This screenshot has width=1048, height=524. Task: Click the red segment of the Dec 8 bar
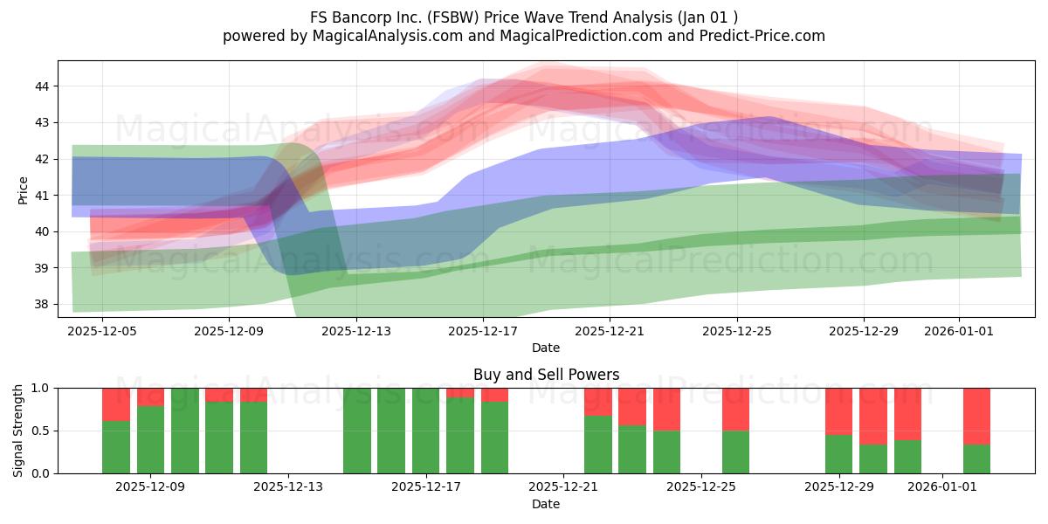click(x=116, y=404)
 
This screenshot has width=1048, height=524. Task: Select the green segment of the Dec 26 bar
click(x=736, y=452)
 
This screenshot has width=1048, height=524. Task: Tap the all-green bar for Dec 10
click(x=185, y=431)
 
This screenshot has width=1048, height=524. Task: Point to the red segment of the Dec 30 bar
click(x=873, y=417)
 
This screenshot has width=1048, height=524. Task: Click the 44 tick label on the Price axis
click(x=42, y=86)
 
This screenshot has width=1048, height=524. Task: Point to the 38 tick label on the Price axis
click(x=42, y=305)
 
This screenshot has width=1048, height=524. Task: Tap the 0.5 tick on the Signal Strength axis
click(x=40, y=431)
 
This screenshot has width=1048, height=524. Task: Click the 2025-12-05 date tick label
click(x=102, y=331)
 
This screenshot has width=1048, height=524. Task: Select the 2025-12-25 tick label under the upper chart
click(x=737, y=331)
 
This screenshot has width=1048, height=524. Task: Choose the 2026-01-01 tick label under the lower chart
click(x=942, y=487)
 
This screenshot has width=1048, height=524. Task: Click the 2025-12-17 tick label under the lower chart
click(x=426, y=487)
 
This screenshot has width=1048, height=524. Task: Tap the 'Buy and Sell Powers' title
click(x=547, y=375)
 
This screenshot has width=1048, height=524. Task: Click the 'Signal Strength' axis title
click(x=17, y=431)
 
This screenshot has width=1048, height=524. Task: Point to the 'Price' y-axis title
click(x=23, y=191)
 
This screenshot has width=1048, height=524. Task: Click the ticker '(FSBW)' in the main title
click(x=452, y=17)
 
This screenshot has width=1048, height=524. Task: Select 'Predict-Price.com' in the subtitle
click(x=762, y=36)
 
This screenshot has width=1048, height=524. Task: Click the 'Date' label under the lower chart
click(x=546, y=504)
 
